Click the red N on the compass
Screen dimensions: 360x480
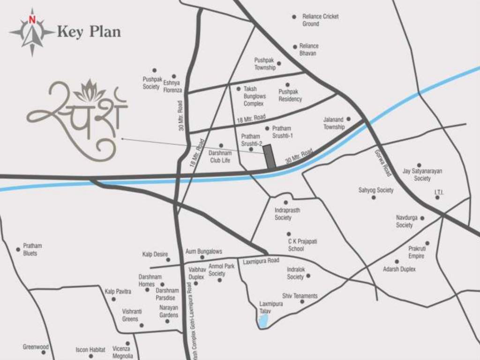[x=32, y=20]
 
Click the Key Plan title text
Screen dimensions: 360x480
[x=89, y=32]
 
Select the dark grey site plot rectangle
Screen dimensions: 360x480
[x=269, y=157]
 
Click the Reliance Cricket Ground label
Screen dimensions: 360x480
[x=320, y=20]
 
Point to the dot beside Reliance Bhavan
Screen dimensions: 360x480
[x=295, y=47]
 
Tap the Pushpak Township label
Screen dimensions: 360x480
[x=265, y=64]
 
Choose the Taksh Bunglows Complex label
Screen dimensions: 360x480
[x=254, y=96]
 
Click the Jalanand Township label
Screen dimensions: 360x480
[x=334, y=123]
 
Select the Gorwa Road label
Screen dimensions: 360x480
[x=382, y=163]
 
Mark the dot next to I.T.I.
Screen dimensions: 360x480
[x=437, y=197]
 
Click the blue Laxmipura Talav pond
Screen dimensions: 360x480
[x=263, y=320]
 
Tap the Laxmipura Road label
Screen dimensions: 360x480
[x=261, y=261]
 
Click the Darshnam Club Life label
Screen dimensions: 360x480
[x=219, y=157]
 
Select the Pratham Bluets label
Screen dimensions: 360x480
[x=32, y=249]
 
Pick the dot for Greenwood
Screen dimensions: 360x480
[x=44, y=352]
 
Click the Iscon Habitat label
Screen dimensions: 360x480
[x=90, y=350]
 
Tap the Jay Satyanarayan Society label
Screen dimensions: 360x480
[x=422, y=175]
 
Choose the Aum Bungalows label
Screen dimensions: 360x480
[x=203, y=252]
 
